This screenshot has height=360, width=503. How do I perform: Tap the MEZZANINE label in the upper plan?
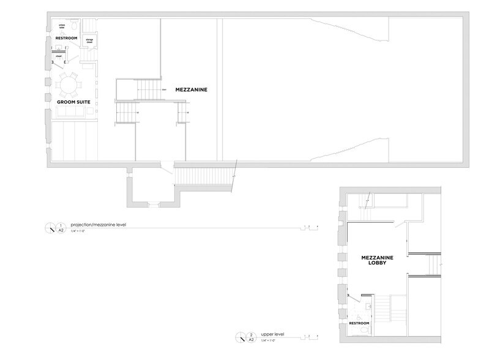click(192, 89)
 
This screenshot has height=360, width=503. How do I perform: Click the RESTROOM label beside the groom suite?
click(66, 38)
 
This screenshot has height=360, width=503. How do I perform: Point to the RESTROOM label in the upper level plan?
click(359, 322)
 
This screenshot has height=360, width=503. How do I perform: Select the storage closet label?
click(89, 41)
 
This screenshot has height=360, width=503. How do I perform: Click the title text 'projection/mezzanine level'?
click(98, 225)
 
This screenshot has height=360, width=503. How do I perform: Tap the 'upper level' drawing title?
click(271, 335)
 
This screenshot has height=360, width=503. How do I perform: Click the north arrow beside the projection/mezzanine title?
click(48, 228)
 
